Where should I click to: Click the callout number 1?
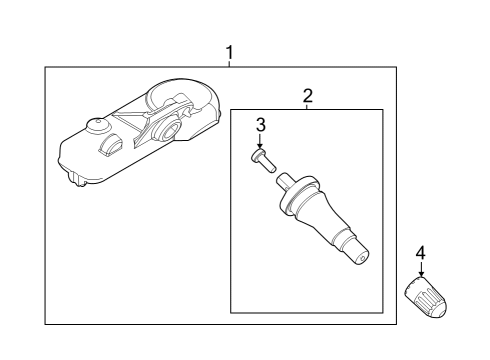[x=230, y=51]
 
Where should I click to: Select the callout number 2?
[x=308, y=96]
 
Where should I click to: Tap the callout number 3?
[x=260, y=125]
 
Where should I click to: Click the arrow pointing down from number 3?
[x=260, y=141]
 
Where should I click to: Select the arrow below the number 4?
[x=420, y=270]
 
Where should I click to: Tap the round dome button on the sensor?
[x=97, y=126]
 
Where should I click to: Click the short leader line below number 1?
[x=230, y=63]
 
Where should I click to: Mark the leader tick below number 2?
[x=308, y=107]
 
